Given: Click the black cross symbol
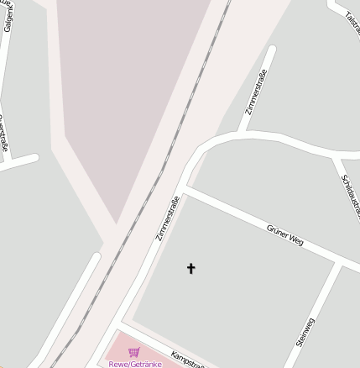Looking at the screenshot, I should click(x=190, y=269).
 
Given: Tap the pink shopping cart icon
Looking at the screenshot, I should click(x=133, y=353).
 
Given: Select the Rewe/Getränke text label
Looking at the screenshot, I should click(x=134, y=364).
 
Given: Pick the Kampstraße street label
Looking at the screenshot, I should click(x=188, y=360).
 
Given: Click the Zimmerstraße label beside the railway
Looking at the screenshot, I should click(x=168, y=218).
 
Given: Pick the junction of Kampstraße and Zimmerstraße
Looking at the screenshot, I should click(x=122, y=323).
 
